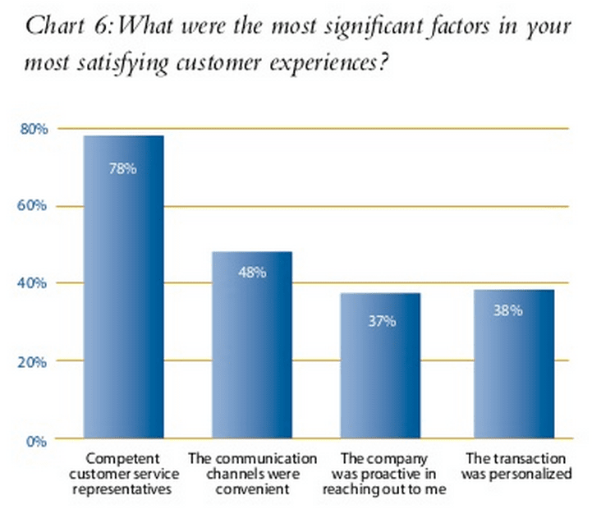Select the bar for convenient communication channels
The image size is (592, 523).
[251, 345]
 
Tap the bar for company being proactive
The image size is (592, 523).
[380, 365]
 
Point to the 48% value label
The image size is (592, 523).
[252, 273]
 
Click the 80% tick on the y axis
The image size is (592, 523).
[34, 129]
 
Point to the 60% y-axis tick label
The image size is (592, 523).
[34, 206]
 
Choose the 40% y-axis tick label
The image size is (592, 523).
[34, 283]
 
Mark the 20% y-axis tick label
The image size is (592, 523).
[34, 361]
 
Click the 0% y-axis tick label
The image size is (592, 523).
[38, 441]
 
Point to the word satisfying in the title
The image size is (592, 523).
[144, 62]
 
